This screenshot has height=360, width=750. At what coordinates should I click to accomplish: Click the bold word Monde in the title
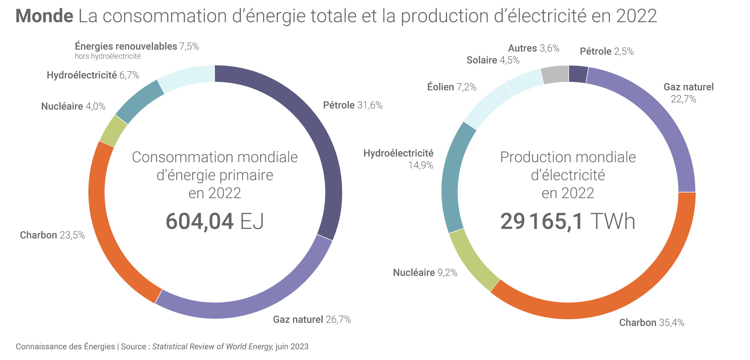(44, 16)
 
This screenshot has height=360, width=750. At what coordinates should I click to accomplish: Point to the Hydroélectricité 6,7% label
(93, 75)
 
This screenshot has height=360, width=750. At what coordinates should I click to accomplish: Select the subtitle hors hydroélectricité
(108, 56)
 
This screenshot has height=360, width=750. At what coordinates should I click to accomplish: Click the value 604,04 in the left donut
(199, 221)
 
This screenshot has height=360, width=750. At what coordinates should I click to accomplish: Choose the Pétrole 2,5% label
(607, 52)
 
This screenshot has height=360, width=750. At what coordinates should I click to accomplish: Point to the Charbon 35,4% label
(652, 323)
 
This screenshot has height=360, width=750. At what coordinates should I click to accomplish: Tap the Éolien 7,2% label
(451, 87)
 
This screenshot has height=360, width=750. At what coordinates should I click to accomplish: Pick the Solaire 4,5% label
(493, 60)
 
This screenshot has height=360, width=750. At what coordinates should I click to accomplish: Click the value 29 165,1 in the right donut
(541, 221)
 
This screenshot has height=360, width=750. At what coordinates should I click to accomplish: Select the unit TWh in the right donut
(613, 221)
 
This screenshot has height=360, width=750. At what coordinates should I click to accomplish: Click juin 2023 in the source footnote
(292, 347)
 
